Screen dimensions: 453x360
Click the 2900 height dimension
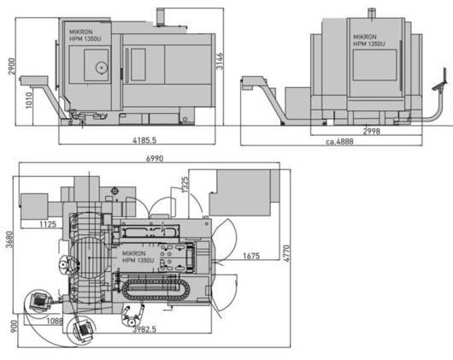(12, 66)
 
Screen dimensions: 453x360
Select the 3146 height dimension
(220, 61)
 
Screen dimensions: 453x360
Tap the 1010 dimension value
(29, 100)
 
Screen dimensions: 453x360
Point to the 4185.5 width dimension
(144, 140)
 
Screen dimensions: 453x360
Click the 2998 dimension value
(372, 132)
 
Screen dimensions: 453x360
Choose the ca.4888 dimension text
(339, 142)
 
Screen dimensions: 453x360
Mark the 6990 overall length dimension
(155, 158)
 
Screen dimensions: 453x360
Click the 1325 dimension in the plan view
(185, 185)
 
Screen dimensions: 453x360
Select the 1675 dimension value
(251, 256)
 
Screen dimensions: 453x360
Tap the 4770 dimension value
(286, 253)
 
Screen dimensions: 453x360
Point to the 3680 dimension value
(9, 239)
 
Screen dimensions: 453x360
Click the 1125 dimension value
(48, 224)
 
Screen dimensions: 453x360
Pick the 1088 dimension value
(55, 322)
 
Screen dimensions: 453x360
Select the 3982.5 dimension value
(144, 329)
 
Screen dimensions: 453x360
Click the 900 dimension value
(14, 327)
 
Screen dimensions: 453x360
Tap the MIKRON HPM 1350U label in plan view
(138, 257)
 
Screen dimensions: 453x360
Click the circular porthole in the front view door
(102, 68)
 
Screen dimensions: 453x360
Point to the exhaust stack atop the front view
(161, 17)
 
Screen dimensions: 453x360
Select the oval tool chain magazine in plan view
(156, 289)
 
